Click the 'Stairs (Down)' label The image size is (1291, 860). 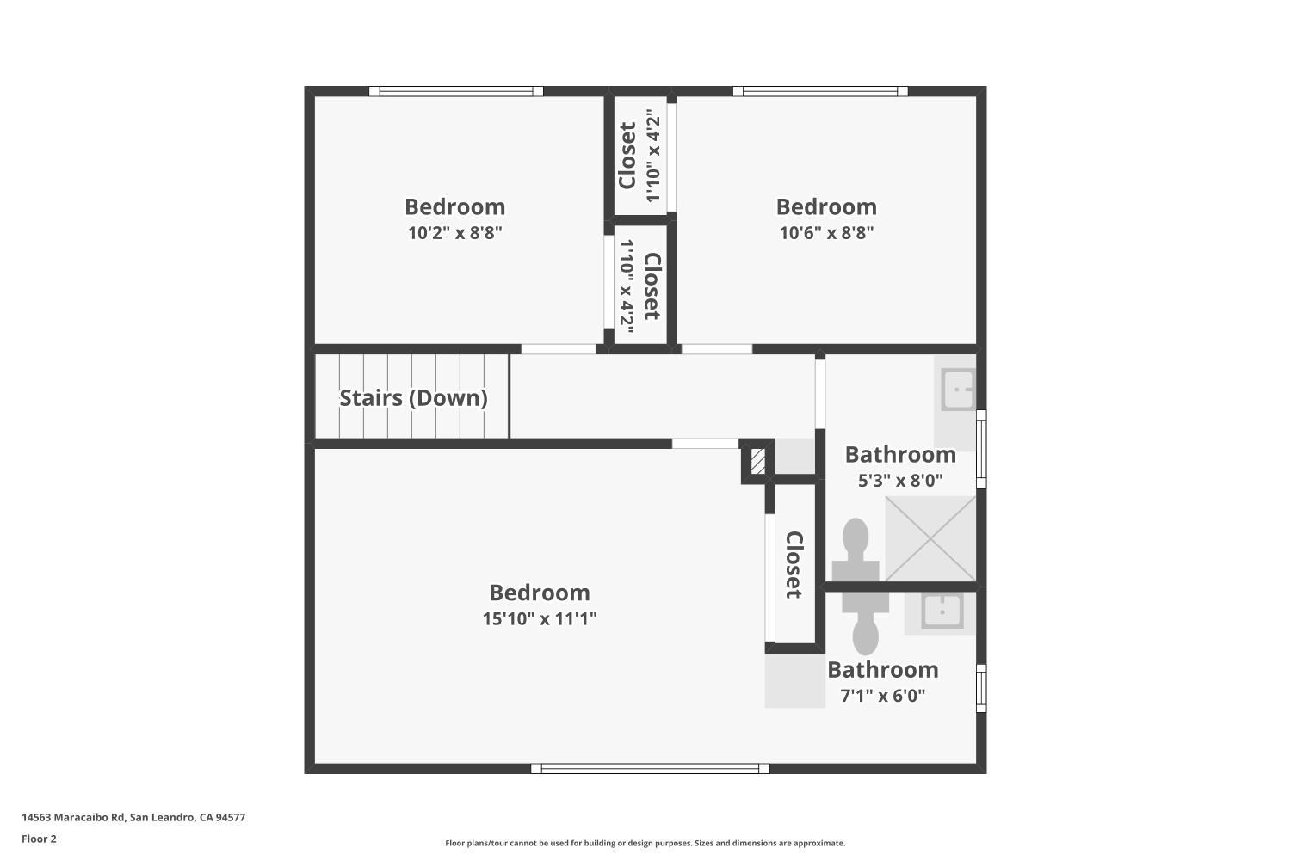(413, 398)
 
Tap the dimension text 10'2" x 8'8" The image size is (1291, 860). (454, 232)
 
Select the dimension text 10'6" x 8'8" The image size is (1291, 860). (826, 232)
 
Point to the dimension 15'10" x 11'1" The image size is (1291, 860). (540, 618)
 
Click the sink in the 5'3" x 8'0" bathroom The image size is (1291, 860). (957, 390)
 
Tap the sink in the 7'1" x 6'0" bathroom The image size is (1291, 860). (942, 611)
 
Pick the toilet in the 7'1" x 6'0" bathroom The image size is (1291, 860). (865, 623)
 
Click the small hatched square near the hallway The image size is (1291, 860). (757, 461)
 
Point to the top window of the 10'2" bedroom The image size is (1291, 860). (456, 91)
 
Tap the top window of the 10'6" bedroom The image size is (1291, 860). (820, 91)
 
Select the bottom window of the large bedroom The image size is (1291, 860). (650, 769)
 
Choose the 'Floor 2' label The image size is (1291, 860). (39, 838)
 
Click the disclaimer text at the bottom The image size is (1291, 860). (645, 843)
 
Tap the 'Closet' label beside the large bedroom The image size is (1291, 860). (794, 564)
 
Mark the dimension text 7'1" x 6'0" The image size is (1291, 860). (882, 696)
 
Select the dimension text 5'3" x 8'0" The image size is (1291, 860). (900, 481)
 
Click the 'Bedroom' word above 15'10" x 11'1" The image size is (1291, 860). (540, 593)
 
